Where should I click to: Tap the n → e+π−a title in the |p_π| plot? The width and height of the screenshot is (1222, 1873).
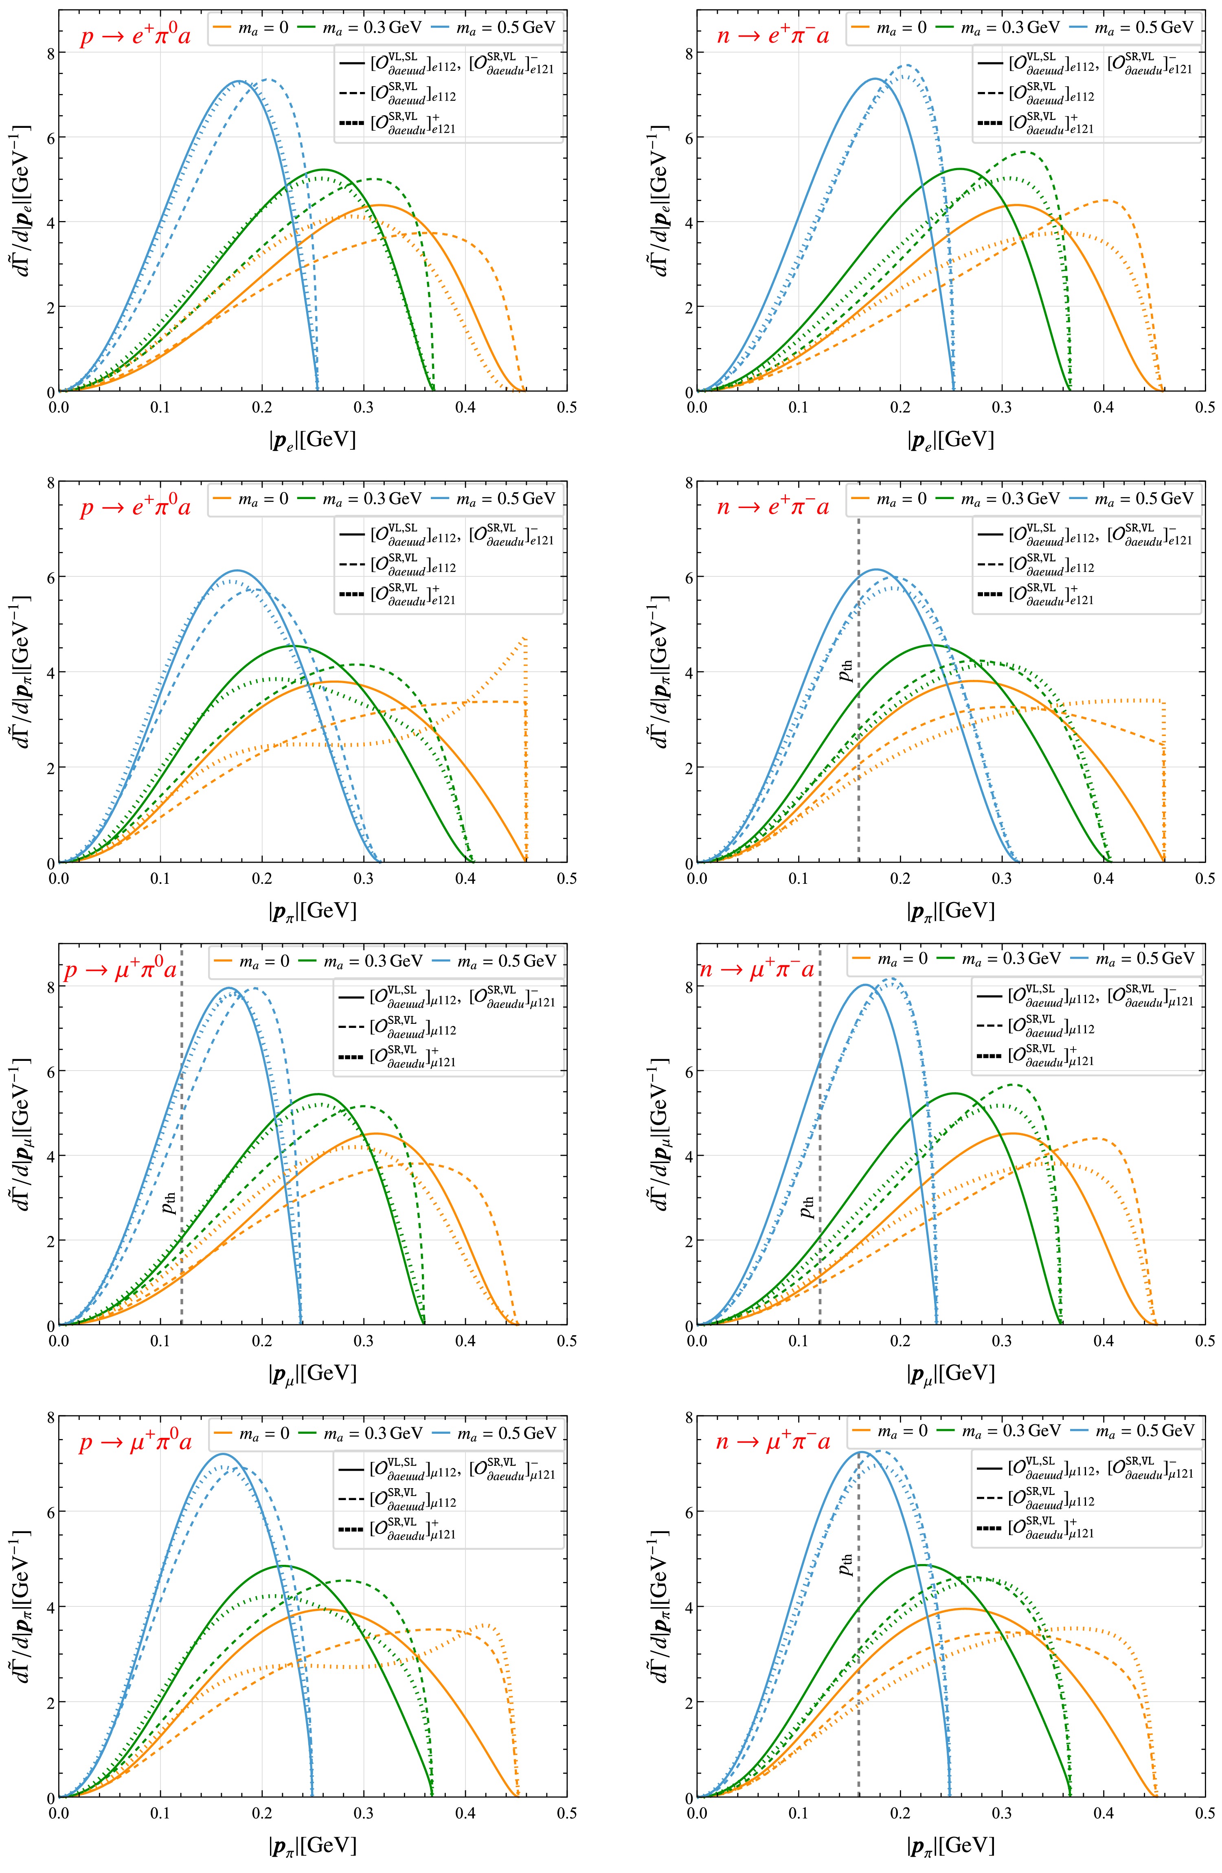pos(772,508)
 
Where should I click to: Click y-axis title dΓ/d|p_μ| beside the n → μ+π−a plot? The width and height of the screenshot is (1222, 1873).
pos(660,1133)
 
